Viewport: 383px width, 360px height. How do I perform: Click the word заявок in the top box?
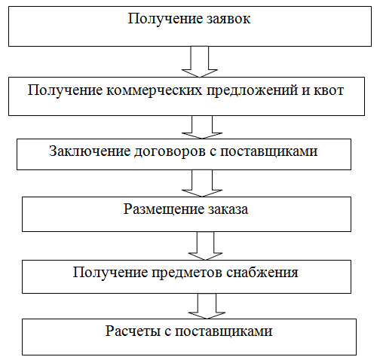(228, 19)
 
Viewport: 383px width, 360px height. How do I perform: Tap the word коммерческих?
(155, 90)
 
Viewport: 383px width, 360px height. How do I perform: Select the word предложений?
(252, 91)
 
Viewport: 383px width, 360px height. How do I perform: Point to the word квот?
(329, 90)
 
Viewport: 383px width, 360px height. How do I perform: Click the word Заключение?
(90, 151)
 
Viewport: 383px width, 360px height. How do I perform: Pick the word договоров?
(170, 152)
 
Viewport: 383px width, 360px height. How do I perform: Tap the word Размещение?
(164, 209)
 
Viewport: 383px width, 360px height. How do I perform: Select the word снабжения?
(262, 273)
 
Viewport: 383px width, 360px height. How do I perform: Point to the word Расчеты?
(133, 331)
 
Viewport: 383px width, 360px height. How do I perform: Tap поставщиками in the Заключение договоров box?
(269, 152)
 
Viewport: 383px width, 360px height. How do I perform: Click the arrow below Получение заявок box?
(200, 62)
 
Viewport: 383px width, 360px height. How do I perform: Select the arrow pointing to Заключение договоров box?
(202, 127)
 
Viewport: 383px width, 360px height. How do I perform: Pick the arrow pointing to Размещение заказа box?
(202, 184)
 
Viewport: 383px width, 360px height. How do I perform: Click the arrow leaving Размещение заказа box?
(205, 246)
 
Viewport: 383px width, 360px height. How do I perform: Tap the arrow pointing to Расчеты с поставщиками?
(207, 307)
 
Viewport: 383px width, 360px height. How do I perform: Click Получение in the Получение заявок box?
(165, 19)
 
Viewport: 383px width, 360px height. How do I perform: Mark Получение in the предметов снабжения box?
(110, 273)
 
